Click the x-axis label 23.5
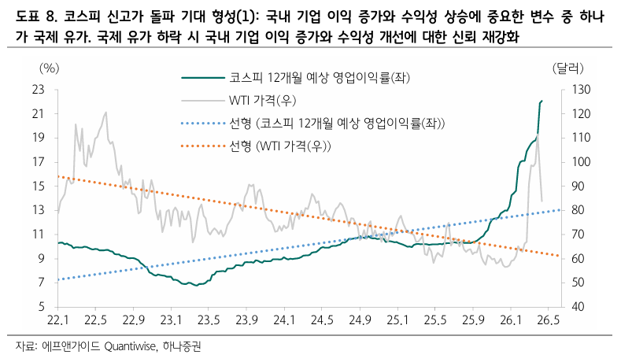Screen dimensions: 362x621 [x=208, y=320]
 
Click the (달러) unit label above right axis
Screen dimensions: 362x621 [x=568, y=69]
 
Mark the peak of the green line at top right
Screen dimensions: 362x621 [x=542, y=101]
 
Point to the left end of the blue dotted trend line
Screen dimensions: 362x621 [x=58, y=279]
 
